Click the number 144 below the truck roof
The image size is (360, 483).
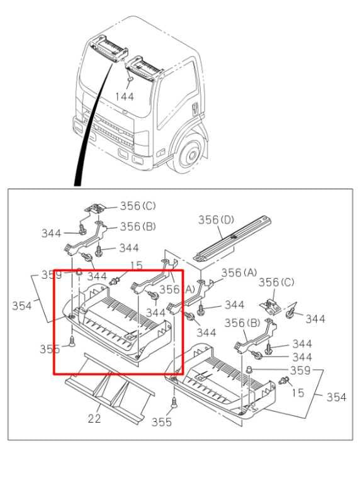(125, 97)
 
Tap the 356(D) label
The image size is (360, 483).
(216, 220)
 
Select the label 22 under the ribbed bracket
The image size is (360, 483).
(94, 418)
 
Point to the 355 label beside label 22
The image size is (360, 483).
(162, 422)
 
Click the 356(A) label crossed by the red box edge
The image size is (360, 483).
(177, 289)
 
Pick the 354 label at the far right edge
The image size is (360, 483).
(336, 397)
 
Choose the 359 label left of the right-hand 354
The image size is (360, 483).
(300, 370)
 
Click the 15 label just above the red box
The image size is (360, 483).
(136, 265)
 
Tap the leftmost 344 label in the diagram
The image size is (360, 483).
(51, 233)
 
